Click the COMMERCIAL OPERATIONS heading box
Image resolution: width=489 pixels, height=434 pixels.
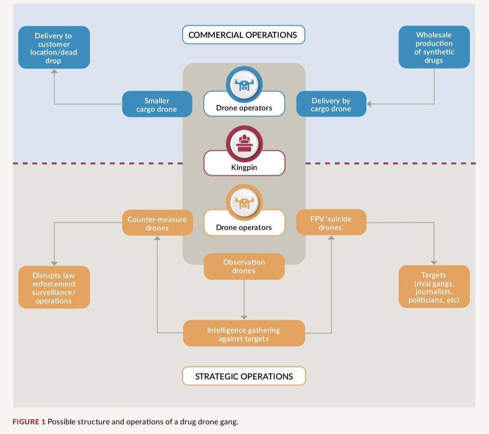243,35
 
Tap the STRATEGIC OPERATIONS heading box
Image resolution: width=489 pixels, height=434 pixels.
244,376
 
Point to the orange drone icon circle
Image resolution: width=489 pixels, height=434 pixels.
244,202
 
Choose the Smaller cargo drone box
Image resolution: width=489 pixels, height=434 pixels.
157,104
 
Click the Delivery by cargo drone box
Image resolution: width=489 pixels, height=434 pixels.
331,104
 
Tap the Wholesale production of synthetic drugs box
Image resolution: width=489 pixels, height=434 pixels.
434,47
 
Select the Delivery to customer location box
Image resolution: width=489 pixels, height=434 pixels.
54,48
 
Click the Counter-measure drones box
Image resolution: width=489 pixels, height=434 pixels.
157,223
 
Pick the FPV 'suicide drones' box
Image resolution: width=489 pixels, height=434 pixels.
331,223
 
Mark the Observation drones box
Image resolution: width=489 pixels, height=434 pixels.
244,266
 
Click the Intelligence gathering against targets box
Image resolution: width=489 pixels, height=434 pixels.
244,334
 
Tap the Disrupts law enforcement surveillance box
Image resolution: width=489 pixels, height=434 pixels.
54,288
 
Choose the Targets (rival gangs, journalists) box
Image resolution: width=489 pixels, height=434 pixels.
434,287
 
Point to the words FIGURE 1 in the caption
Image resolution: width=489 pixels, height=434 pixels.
28,422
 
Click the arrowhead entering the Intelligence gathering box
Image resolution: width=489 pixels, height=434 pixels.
244,317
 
